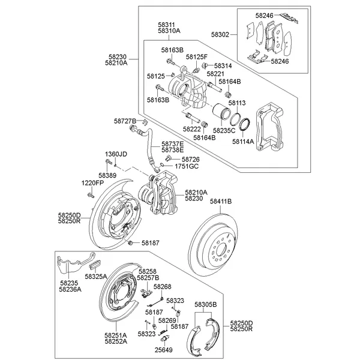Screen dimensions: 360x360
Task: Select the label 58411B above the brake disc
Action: coord(221,201)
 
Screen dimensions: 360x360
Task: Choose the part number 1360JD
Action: coord(116,154)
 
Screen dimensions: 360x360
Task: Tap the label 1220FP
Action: coord(93,182)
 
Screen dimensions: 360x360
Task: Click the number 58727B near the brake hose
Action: coord(125,121)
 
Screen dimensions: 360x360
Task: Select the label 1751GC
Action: coord(187,166)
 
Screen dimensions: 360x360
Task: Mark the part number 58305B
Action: coord(206,305)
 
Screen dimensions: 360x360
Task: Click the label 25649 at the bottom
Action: coord(164,349)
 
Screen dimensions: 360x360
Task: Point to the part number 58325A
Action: coord(96,277)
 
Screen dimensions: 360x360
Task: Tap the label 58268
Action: coord(162,287)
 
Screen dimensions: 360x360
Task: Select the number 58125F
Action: coord(196,56)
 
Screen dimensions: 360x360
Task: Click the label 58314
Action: coord(223,65)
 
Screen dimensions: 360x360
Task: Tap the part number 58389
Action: coord(107,175)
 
